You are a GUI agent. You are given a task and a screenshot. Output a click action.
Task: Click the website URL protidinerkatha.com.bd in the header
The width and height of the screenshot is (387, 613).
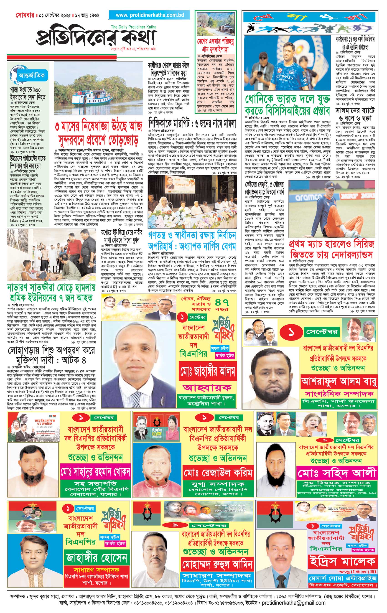click(150, 15)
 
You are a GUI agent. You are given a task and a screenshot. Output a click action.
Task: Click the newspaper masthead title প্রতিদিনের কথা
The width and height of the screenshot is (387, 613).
click(96, 38)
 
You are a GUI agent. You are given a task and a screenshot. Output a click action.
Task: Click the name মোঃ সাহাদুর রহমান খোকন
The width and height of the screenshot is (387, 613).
click(95, 472)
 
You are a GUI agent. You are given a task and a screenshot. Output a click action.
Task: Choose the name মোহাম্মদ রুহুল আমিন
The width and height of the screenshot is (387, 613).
click(217, 564)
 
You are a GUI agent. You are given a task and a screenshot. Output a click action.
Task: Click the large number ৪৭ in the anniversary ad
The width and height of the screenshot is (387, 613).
click(222, 303)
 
